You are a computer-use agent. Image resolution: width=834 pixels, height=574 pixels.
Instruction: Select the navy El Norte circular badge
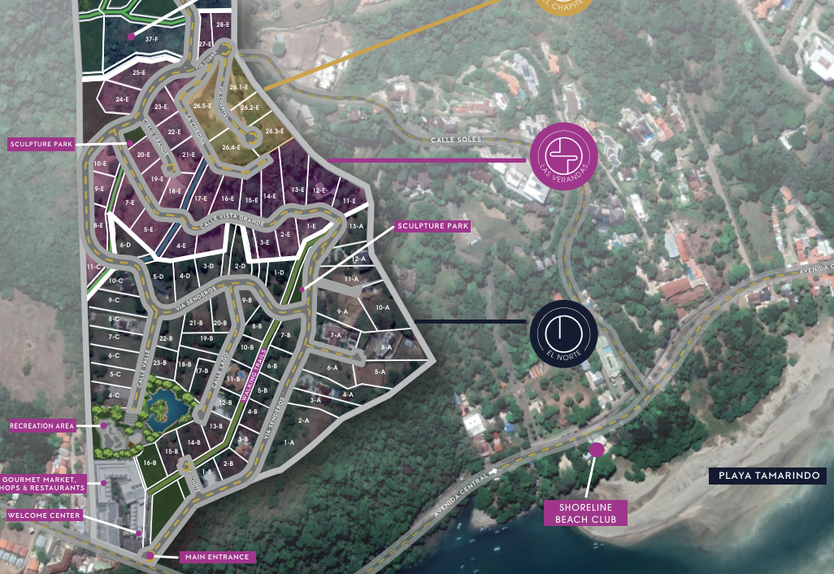pyautogui.click(x=563, y=334)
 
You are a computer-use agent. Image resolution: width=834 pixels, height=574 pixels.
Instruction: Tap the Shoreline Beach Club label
pyautogui.click(x=585, y=513)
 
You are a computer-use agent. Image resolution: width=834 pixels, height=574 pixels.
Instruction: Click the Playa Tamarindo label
pyautogui.click(x=767, y=476)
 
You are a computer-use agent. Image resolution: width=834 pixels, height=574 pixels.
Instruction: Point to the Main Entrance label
pyautogui.click(x=216, y=557)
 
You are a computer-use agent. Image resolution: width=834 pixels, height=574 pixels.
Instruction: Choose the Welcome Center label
pyautogui.click(x=44, y=515)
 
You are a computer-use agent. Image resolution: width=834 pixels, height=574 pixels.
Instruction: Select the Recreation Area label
pyautogui.click(x=42, y=425)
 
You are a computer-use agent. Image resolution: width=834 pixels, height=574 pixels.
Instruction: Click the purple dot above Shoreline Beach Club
pyautogui.click(x=597, y=450)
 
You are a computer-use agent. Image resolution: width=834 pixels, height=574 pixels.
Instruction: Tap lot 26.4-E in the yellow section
pyautogui.click(x=231, y=147)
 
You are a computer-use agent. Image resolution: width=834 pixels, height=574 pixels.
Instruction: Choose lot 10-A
pyautogui.click(x=382, y=307)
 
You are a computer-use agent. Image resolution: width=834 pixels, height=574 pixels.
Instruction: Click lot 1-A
pyautogui.click(x=289, y=442)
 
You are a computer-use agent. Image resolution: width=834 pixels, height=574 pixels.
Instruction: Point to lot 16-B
pyautogui.click(x=150, y=463)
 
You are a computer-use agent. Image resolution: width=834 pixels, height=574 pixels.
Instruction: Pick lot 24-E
pyautogui.click(x=122, y=99)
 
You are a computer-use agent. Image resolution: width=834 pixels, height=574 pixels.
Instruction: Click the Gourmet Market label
pyautogui.click(x=44, y=483)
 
